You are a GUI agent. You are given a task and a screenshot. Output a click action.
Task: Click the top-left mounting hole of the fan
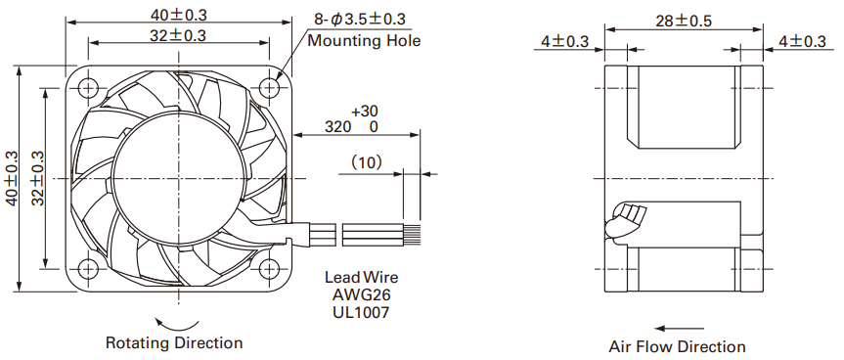[x=88, y=87]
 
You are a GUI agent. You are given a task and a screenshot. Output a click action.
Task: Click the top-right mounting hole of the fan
[x=269, y=87]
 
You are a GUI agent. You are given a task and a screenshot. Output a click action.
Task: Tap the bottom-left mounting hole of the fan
[x=88, y=268]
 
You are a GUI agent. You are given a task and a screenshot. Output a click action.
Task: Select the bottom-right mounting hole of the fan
[x=269, y=268]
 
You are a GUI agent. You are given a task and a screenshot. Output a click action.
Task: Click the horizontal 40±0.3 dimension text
[x=179, y=15]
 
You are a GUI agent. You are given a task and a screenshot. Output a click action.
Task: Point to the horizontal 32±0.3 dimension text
[x=179, y=35]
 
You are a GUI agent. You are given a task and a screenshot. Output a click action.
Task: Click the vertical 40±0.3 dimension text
[x=12, y=178]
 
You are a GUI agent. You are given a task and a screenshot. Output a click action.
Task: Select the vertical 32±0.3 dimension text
[x=37, y=178]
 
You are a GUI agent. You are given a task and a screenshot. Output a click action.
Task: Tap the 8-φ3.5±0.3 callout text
[x=360, y=20]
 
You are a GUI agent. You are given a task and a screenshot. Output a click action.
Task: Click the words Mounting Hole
[x=364, y=40]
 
